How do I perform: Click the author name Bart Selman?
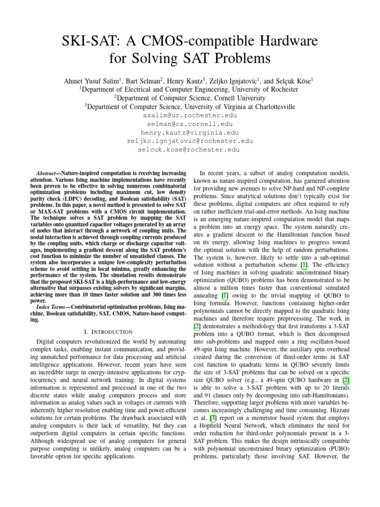tap(149, 80)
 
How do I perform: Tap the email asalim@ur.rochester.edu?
tap(190, 115)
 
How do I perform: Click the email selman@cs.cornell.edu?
tap(190, 124)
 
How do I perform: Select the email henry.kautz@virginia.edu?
tap(190, 132)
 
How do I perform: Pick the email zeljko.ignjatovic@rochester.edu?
tap(190, 141)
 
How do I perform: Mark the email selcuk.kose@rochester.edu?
tap(190, 149)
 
